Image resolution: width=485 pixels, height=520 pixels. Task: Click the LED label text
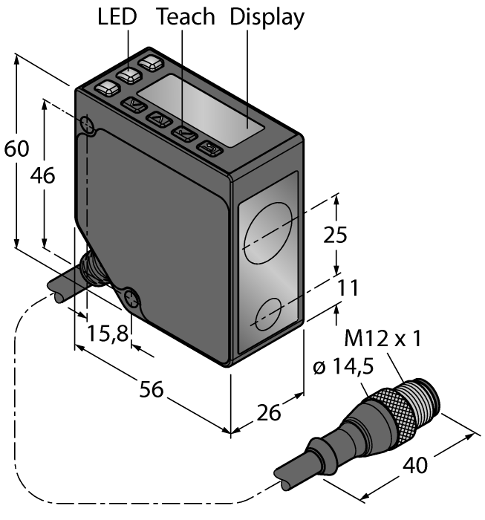click(117, 17)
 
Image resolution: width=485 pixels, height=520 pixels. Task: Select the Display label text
click(267, 17)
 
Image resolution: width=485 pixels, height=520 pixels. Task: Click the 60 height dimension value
click(16, 149)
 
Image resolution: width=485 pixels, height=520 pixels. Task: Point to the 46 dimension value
click(42, 176)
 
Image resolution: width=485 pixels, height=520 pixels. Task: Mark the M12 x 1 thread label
click(383, 339)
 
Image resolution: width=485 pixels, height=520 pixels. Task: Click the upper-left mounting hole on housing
click(86, 125)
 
